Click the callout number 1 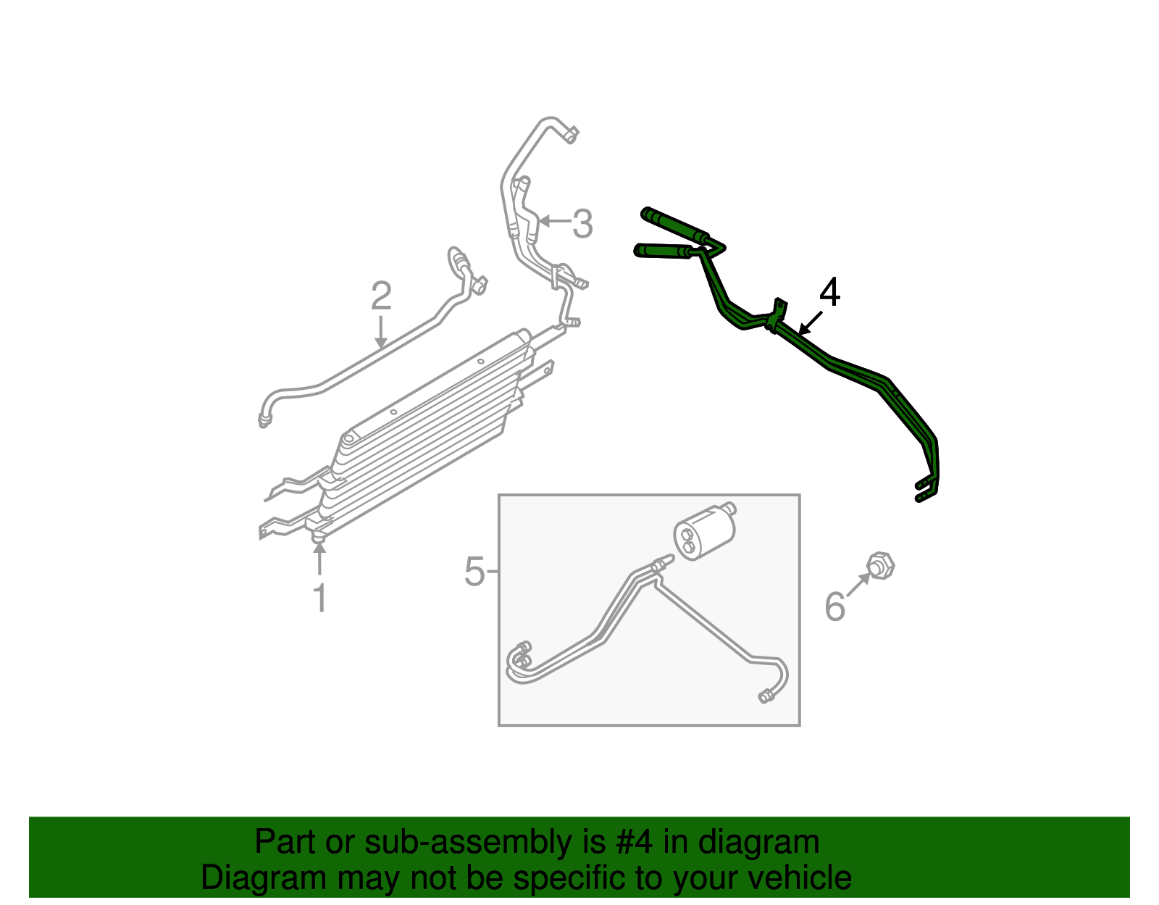pos(319,599)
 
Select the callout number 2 pos(381,296)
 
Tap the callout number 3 pos(582,224)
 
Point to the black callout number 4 pos(830,293)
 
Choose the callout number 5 pos(474,572)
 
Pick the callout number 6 pos(835,606)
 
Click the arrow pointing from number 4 pos(811,322)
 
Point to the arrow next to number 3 pos(553,220)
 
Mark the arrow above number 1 pos(319,559)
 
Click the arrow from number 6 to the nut pos(858,585)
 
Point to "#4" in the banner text pos(635,842)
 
